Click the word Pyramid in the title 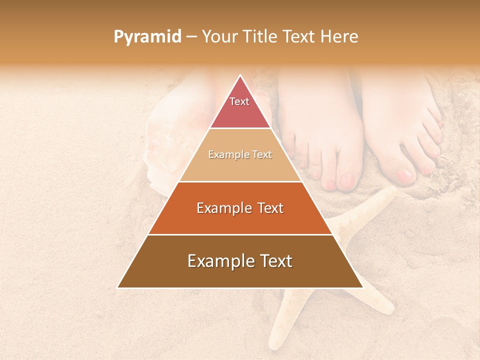[x=147, y=37]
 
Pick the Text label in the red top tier [x=239, y=101]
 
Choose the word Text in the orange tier [x=270, y=208]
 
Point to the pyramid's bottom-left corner [x=118, y=287]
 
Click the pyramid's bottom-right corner [x=363, y=287]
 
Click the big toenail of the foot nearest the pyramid [x=346, y=179]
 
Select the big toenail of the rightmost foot [x=404, y=175]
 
